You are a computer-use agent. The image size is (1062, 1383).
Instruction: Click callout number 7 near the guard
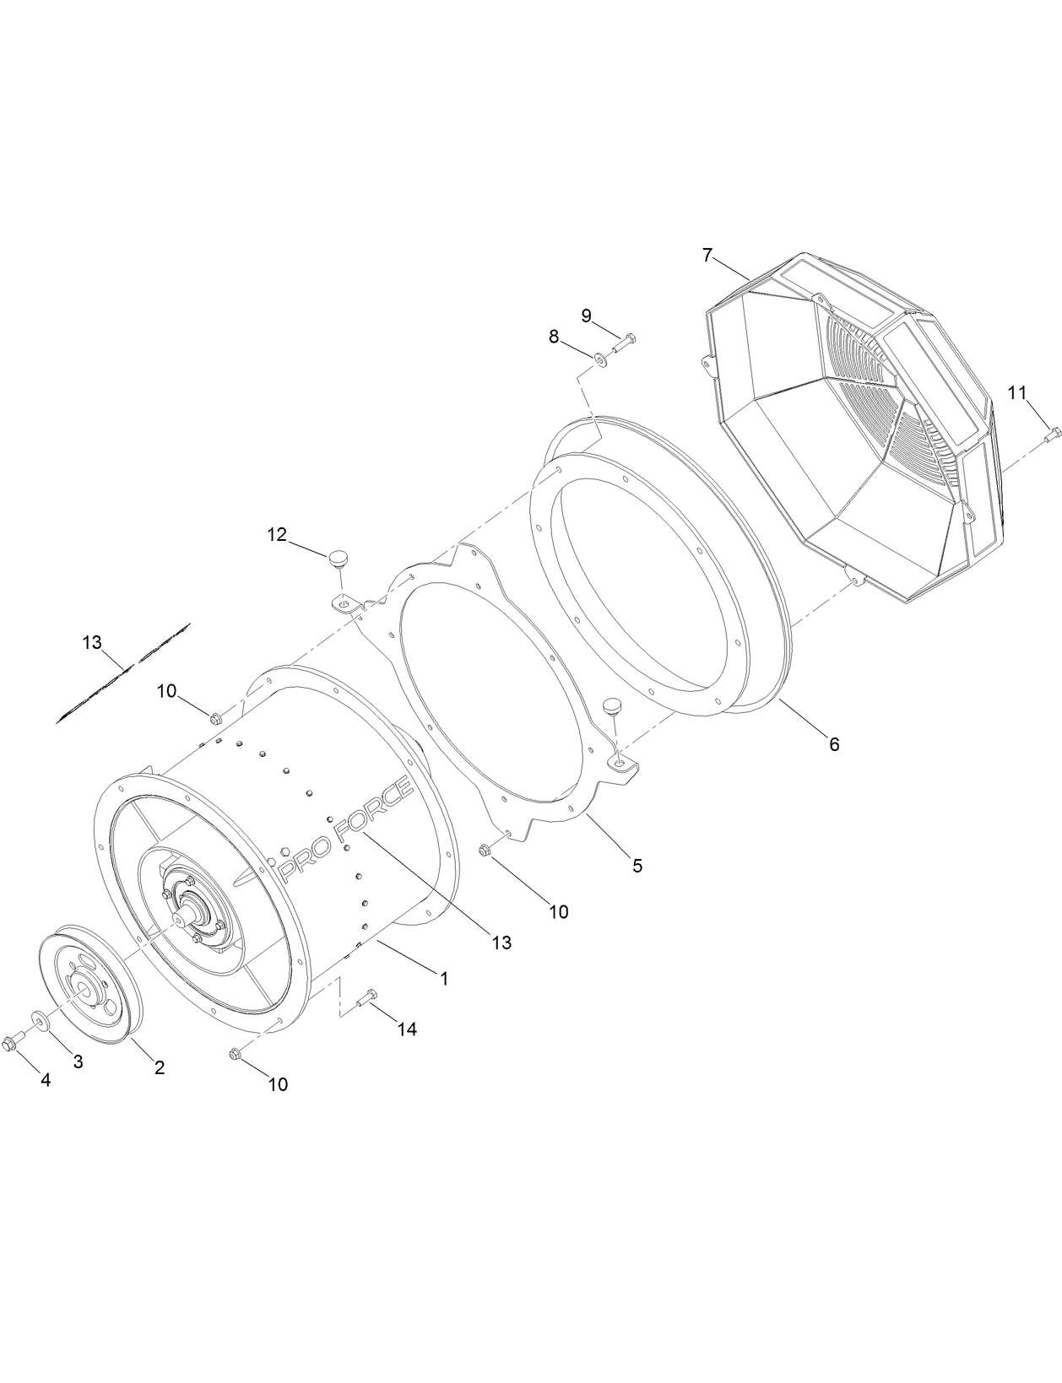[x=707, y=254]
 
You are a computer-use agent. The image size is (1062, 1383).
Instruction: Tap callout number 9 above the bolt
[x=586, y=316]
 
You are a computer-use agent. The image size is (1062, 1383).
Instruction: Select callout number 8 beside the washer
[x=554, y=337]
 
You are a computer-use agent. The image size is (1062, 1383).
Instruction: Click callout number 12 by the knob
[x=277, y=534]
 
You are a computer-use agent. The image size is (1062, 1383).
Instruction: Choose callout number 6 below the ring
[x=834, y=743]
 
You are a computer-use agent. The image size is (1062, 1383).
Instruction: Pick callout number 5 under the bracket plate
[x=637, y=865]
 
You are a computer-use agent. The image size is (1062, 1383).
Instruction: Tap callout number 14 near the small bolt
[x=407, y=1029]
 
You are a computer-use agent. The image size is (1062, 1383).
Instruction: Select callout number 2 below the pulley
[x=159, y=1067]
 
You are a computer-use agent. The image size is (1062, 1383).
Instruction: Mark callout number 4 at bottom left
[x=46, y=1080]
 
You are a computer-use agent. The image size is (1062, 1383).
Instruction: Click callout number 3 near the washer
[x=78, y=1062]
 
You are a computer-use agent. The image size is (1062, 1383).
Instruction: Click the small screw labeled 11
[x=1052, y=435]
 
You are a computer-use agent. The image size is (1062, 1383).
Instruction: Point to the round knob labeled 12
[x=338, y=558]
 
